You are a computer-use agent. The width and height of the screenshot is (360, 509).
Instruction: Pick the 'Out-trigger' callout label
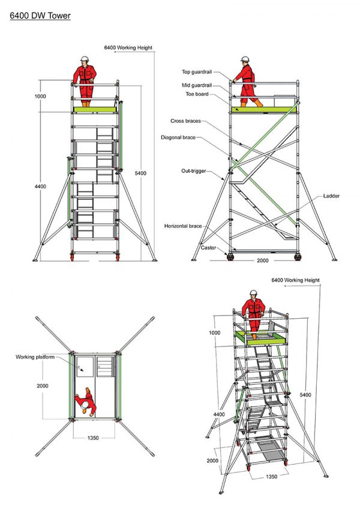193,171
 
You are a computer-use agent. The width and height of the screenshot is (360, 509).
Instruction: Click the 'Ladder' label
331,196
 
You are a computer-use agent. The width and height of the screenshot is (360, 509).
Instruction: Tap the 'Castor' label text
209,247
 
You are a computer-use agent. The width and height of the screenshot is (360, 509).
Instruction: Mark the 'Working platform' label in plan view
35,357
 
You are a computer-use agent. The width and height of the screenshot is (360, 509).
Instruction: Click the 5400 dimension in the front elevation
140,173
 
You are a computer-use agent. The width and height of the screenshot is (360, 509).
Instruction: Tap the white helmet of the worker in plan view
86,406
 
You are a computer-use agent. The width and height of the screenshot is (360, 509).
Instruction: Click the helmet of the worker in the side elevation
245,59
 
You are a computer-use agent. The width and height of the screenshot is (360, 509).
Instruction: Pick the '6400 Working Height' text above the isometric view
295,280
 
